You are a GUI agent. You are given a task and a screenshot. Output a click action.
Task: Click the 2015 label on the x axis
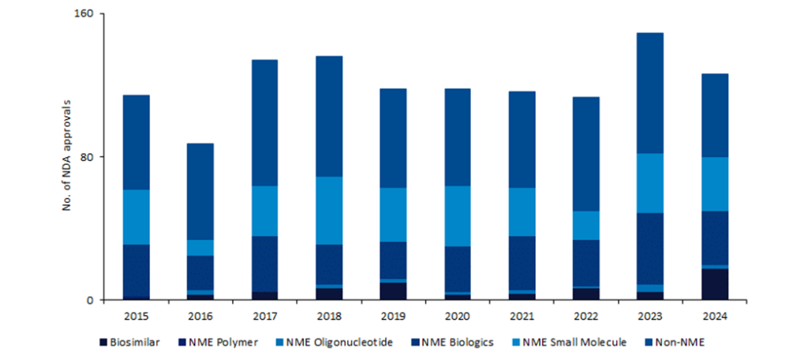pyautogui.click(x=137, y=316)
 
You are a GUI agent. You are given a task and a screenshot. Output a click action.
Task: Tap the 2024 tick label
pyautogui.click(x=714, y=316)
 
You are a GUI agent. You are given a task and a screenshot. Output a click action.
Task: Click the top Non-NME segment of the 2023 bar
pyautogui.click(x=649, y=93)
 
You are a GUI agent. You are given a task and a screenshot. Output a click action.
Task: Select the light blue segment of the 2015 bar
pyautogui.click(x=137, y=217)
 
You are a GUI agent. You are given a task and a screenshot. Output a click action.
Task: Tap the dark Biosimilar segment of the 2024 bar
pyautogui.click(x=714, y=284)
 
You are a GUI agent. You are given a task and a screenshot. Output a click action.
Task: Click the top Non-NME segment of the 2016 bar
pyautogui.click(x=200, y=192)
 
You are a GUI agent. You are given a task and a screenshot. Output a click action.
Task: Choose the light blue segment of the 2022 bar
pyautogui.click(x=585, y=226)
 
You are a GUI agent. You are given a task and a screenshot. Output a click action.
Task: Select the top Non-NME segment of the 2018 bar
pyautogui.click(x=329, y=116)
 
